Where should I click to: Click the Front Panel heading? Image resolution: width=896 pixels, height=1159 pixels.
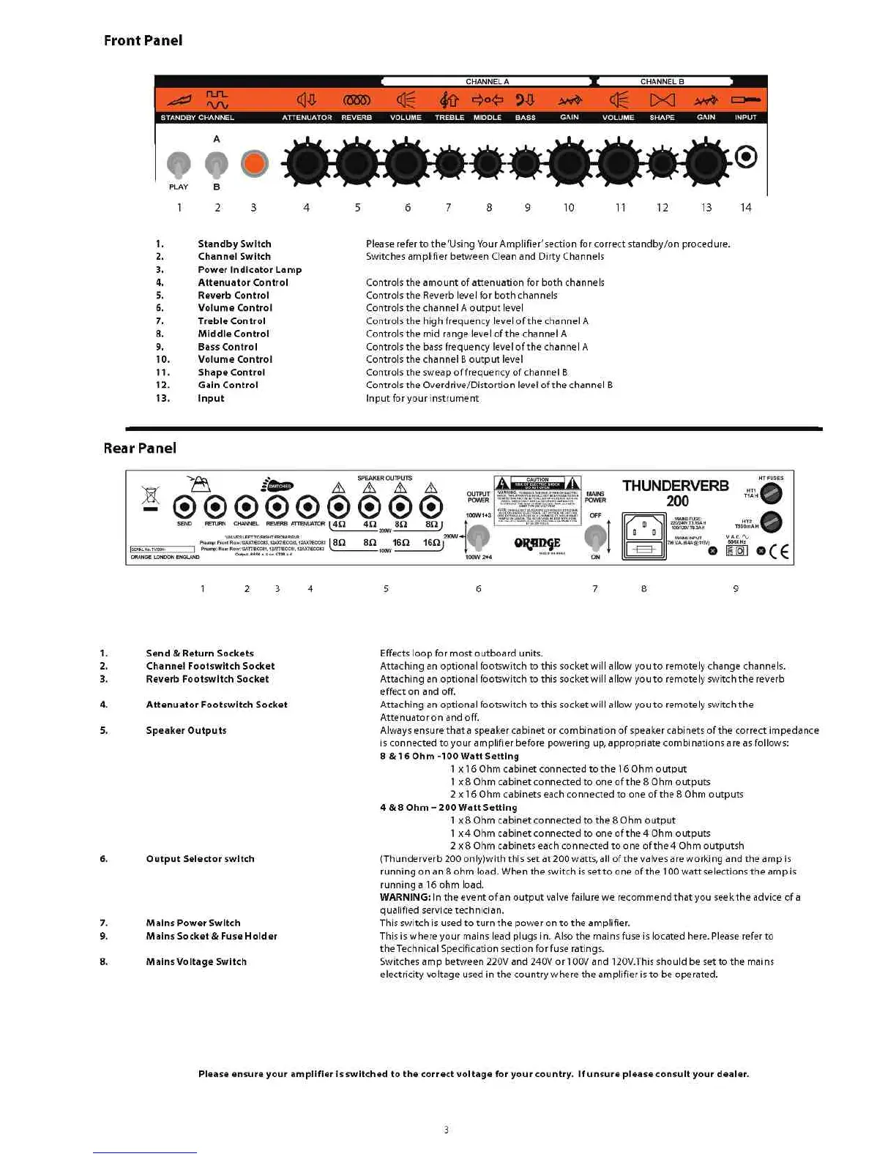pyautogui.click(x=143, y=41)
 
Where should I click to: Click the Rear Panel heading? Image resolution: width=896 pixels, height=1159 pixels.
pyautogui.click(x=140, y=449)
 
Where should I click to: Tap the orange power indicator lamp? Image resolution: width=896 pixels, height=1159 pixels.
pyautogui.click(x=254, y=163)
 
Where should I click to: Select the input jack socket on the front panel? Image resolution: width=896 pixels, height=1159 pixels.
pyautogui.click(x=745, y=157)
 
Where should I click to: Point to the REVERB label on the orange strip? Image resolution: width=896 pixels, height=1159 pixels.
pyautogui.click(x=356, y=118)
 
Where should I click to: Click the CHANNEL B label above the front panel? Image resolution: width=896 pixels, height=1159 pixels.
pyautogui.click(x=662, y=82)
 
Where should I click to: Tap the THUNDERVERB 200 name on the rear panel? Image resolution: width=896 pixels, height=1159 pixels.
pyautogui.click(x=676, y=492)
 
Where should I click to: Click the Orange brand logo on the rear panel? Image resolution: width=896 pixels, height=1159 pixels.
pyautogui.click(x=537, y=543)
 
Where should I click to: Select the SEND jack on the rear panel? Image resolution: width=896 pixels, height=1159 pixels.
pyautogui.click(x=184, y=506)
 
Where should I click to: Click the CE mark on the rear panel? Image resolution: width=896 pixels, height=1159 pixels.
pyautogui.click(x=779, y=551)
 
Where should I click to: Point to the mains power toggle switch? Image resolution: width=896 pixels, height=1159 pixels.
pyautogui.click(x=595, y=538)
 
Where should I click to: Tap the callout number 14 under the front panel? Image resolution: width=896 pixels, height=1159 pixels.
pyautogui.click(x=745, y=208)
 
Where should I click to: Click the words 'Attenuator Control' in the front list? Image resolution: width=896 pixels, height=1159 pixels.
pyautogui.click(x=243, y=283)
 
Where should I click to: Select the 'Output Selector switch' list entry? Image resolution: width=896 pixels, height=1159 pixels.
pyautogui.click(x=200, y=859)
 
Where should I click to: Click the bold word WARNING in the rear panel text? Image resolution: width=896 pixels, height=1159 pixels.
pyautogui.click(x=405, y=898)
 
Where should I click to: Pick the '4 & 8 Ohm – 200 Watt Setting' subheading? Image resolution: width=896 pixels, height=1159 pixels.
pyautogui.click(x=448, y=808)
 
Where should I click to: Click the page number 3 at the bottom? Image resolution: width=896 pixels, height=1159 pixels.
pyautogui.click(x=446, y=1130)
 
